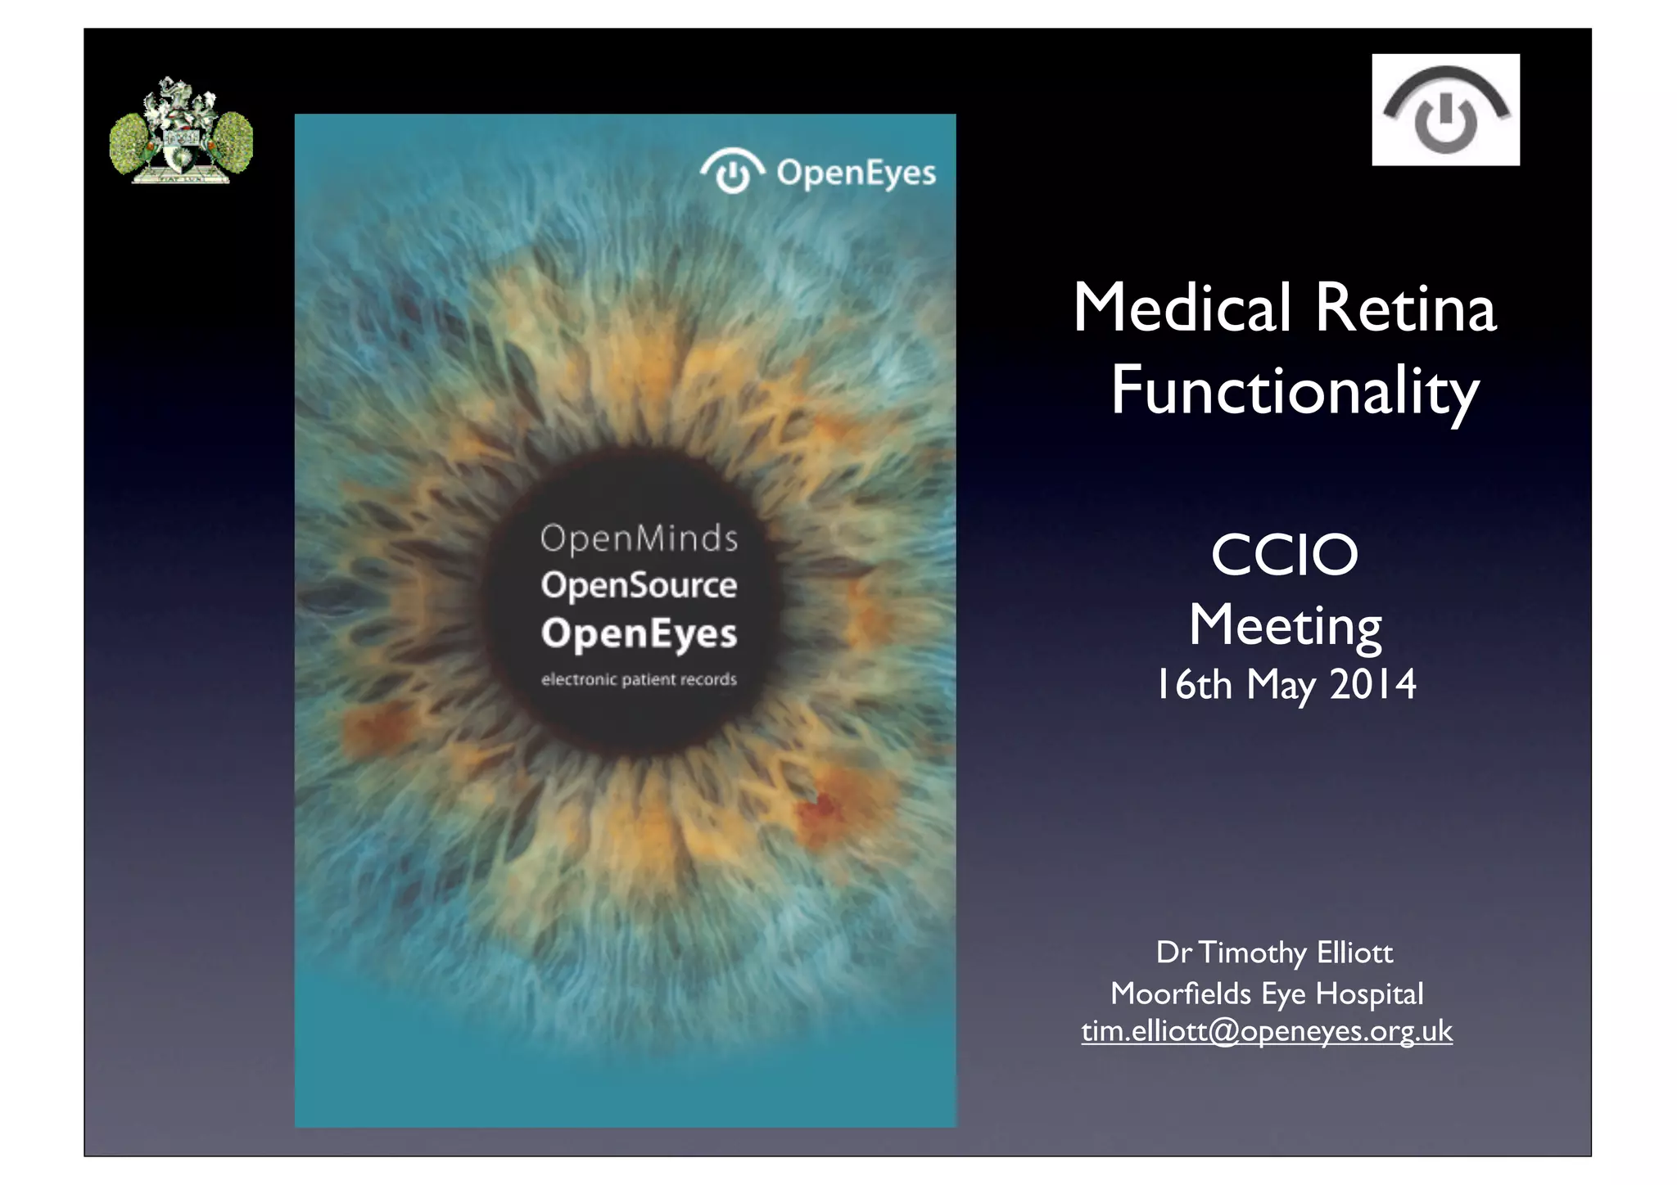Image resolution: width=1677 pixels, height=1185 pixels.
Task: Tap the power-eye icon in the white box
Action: pyautogui.click(x=1445, y=110)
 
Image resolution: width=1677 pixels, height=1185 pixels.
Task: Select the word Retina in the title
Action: pyautogui.click(x=1406, y=309)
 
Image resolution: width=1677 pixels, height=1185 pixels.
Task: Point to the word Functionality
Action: pyautogui.click(x=1294, y=392)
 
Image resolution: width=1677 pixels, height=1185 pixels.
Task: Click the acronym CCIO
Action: pyautogui.click(x=1284, y=556)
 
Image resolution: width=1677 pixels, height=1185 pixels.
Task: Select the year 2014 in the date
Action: pyautogui.click(x=1372, y=684)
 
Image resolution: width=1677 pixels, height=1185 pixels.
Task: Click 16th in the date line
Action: pyautogui.click(x=1193, y=684)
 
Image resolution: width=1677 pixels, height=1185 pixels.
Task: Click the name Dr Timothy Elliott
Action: pyautogui.click(x=1274, y=953)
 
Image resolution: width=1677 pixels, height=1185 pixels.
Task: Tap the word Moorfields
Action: pyautogui.click(x=1180, y=994)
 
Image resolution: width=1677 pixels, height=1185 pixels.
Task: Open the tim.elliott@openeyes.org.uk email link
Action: pyautogui.click(x=1267, y=1031)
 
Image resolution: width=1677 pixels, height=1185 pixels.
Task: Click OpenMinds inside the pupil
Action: pyautogui.click(x=639, y=538)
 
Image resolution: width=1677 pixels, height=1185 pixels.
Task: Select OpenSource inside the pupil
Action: pyautogui.click(x=639, y=586)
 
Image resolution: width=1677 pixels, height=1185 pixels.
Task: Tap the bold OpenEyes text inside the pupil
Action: pyautogui.click(x=639, y=634)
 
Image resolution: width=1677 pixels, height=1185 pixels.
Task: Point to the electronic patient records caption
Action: pyautogui.click(x=639, y=679)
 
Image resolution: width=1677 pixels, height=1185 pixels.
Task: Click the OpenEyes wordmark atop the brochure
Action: pyautogui.click(x=856, y=173)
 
